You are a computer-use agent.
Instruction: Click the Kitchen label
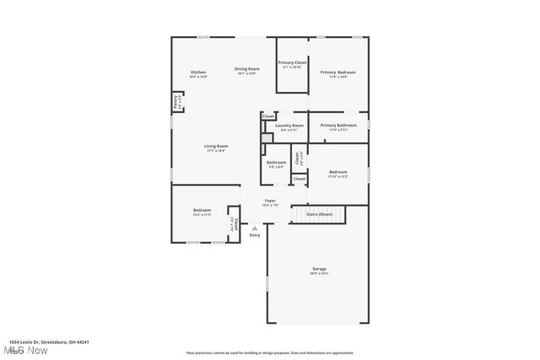198,73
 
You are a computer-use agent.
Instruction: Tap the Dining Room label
246,68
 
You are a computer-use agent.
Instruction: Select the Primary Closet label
292,62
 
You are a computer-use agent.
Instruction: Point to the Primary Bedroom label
337,73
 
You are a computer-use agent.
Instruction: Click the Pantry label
175,102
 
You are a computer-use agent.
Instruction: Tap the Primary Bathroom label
337,126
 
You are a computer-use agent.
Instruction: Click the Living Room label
216,147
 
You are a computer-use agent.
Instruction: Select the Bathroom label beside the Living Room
277,163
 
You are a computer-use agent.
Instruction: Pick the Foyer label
269,201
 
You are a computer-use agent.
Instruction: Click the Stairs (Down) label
319,214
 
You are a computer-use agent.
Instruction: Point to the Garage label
319,269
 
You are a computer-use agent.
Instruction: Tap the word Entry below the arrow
255,235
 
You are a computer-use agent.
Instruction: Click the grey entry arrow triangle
255,228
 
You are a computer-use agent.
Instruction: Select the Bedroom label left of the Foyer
202,210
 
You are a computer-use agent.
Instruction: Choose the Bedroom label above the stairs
337,172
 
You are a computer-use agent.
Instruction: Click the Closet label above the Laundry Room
267,116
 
